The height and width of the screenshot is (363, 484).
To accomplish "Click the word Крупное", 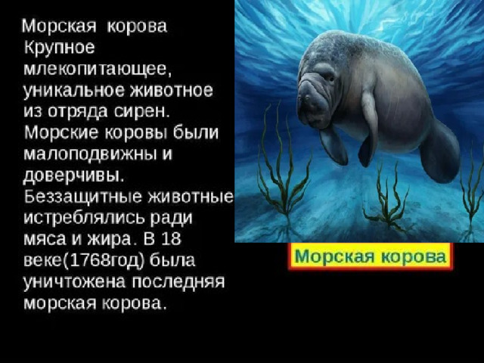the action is pos(59,48).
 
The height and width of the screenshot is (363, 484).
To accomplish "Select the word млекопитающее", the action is pos(97,69).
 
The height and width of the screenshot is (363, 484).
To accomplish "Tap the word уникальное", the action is pos(74,91).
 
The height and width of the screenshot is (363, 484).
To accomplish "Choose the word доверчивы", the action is pos(74,175).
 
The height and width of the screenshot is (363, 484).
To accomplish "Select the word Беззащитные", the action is pos(82,197).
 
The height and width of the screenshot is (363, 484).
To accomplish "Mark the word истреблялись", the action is pos(84,218).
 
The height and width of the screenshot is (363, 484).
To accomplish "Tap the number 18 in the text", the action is pos(171,239).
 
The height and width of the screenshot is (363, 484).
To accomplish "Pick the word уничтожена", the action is pos(75,282).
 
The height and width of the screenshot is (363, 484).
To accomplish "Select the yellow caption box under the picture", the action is pos(371,256).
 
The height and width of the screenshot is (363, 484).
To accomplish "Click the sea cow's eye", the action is pos(331,79).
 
